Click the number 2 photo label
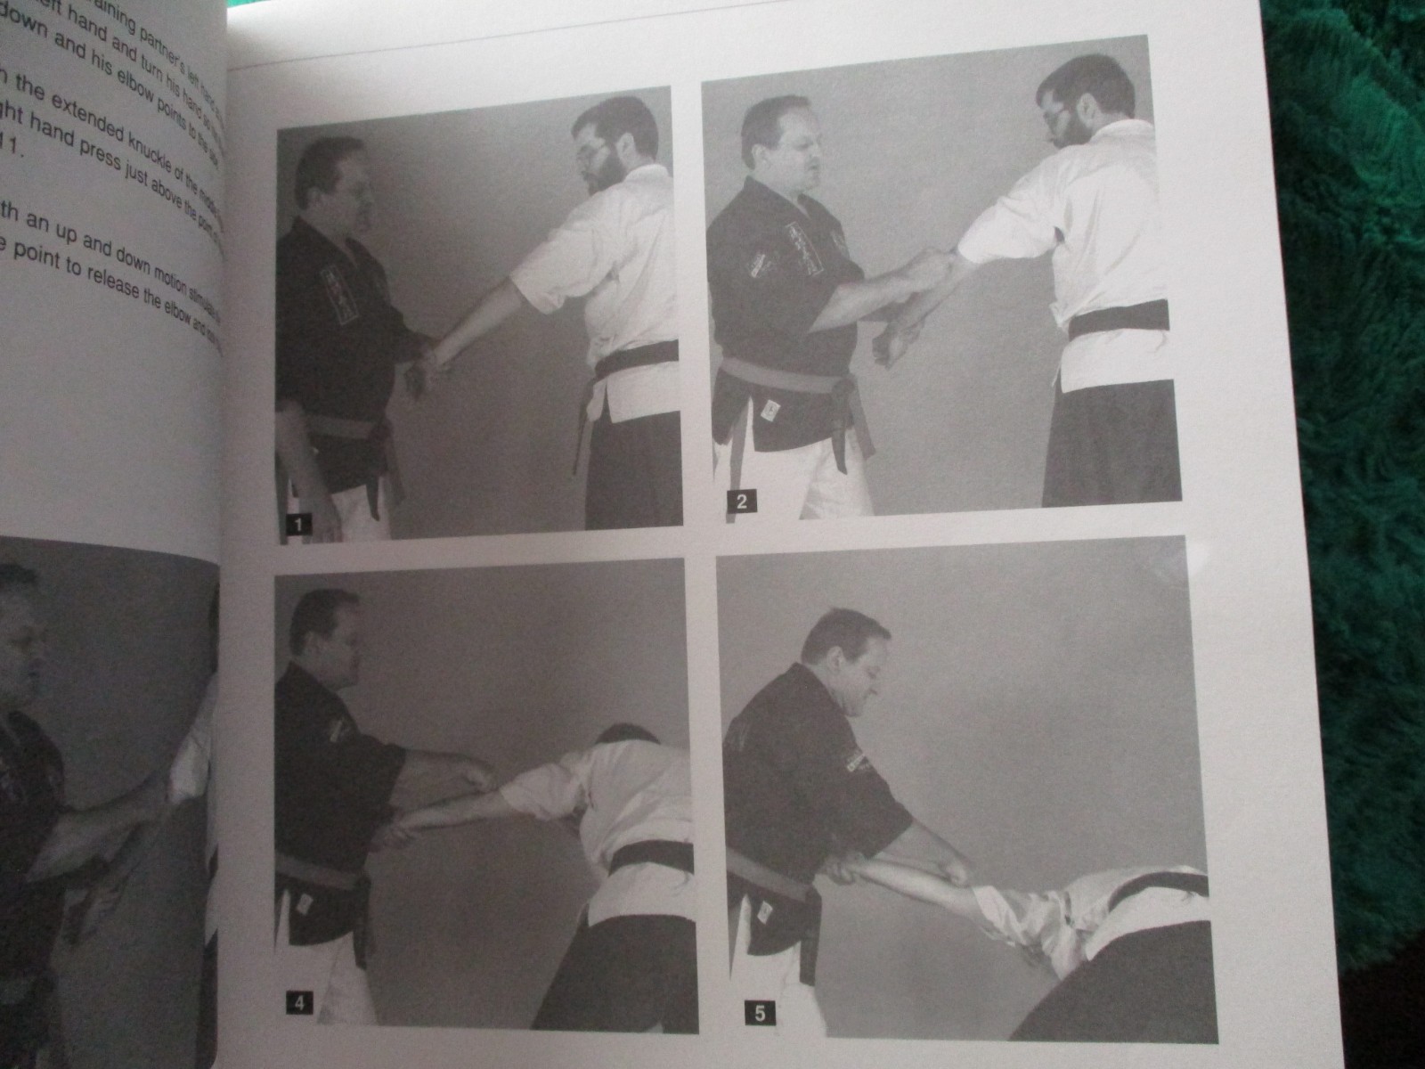[741, 502]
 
